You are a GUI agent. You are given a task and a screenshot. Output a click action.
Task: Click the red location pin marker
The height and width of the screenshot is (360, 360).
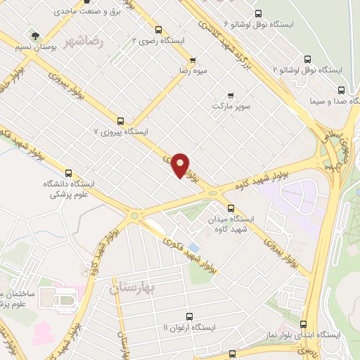(181, 165)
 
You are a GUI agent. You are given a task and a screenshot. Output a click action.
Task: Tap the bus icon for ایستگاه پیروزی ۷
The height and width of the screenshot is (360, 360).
(120, 120)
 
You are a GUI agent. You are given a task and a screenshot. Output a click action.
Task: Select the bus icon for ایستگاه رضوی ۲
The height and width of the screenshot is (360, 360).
(158, 30)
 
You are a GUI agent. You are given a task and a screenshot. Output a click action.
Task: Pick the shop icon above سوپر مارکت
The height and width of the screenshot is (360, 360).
(230, 96)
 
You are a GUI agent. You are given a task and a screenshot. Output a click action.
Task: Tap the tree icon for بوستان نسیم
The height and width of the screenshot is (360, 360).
(33, 34)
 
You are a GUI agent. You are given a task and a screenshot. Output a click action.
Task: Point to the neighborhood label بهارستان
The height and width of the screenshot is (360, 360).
(136, 288)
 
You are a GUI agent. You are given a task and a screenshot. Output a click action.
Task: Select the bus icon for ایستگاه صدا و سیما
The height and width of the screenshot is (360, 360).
(342, 90)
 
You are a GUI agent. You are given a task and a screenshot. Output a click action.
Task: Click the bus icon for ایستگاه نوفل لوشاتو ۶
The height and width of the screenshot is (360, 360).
(257, 13)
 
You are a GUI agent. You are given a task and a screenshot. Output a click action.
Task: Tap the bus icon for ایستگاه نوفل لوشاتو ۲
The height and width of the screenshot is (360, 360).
(307, 60)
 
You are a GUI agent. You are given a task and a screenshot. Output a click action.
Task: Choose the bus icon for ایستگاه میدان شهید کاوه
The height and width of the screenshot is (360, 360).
(231, 207)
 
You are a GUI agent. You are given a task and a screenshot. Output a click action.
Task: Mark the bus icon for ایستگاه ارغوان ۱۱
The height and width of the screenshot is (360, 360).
(188, 317)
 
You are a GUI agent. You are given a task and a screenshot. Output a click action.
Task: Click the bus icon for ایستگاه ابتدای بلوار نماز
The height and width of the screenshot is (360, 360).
(304, 324)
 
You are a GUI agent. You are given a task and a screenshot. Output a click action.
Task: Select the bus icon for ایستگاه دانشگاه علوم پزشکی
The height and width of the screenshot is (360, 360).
(68, 173)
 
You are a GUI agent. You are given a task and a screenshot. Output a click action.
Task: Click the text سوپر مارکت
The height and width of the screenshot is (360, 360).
(231, 106)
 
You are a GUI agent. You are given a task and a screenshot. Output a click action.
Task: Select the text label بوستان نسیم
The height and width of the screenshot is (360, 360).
(33, 46)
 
